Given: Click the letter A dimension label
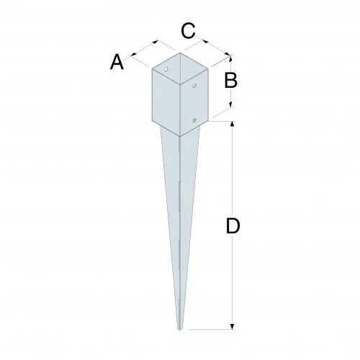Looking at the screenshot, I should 117,63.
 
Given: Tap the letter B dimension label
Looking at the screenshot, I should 230,80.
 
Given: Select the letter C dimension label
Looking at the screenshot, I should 187,30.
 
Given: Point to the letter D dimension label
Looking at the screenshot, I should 232,226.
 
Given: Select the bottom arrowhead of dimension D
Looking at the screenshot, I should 232,327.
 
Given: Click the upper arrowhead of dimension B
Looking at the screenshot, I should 230,57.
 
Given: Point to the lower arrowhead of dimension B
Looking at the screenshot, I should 230,107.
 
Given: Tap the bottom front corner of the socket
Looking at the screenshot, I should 178,134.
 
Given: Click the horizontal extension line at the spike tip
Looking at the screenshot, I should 212,328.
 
